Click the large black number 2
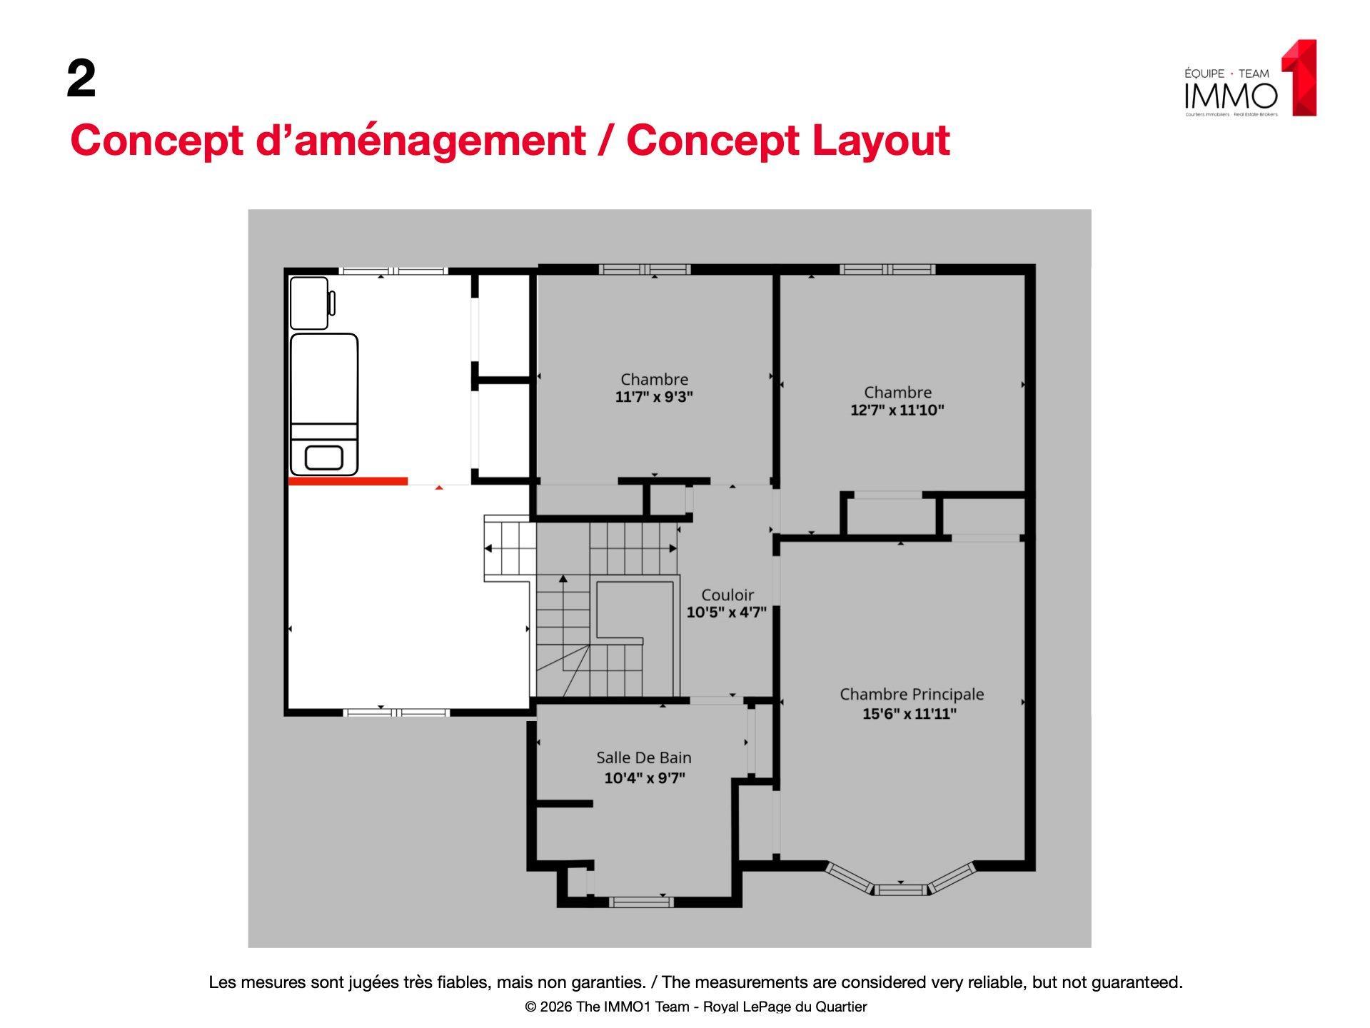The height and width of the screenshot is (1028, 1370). pos(81,79)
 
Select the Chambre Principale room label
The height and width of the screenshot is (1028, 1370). pos(912,694)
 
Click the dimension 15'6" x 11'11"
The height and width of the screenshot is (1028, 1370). pos(910,713)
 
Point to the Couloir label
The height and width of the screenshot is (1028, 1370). pos(727,595)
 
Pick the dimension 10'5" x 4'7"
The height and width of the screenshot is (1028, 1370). pos(727,613)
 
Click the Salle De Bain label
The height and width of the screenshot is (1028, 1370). pos(644,757)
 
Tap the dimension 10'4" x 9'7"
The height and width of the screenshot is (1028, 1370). pos(645,777)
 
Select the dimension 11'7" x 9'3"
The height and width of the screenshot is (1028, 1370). pos(654,397)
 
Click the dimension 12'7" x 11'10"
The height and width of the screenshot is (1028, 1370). pos(897,410)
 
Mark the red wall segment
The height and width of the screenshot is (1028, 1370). pos(348,481)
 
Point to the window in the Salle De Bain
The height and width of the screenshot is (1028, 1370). pos(641,902)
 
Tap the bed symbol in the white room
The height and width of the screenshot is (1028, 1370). pos(324,404)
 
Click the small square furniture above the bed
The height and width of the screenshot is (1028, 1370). pos(309,303)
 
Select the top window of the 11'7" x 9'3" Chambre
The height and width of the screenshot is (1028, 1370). pos(645,269)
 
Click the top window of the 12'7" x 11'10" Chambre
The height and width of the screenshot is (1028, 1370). pos(887,269)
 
